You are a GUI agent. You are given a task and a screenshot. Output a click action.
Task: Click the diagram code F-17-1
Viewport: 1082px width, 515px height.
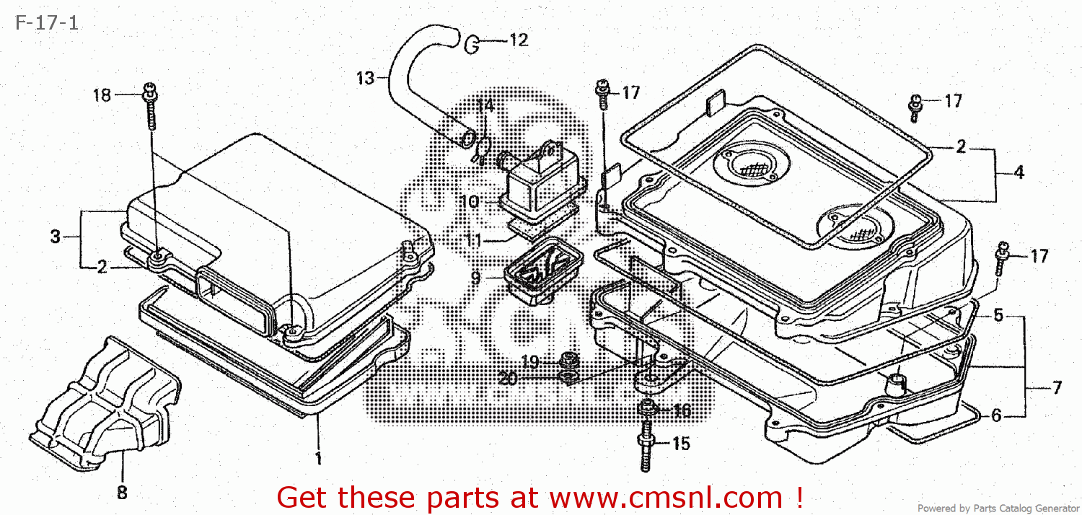point(45,23)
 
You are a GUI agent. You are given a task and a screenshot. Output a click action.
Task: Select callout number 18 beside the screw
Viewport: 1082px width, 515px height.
point(102,95)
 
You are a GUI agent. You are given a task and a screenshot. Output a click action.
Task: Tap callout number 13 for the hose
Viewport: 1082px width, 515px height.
point(366,78)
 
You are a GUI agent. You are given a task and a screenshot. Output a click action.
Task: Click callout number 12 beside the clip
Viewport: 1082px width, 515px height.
point(519,40)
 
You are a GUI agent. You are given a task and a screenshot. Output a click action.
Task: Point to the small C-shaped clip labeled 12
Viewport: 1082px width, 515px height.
point(472,45)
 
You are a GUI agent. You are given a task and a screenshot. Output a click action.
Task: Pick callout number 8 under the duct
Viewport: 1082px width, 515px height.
point(121,493)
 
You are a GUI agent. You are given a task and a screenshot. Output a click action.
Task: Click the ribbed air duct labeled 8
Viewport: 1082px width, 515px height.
point(108,401)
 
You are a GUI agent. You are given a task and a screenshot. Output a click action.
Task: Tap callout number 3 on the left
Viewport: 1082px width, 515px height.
point(56,237)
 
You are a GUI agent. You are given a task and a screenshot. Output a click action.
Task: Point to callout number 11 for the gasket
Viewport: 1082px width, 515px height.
point(473,240)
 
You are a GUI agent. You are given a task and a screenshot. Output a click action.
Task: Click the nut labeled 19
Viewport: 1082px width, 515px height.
point(568,358)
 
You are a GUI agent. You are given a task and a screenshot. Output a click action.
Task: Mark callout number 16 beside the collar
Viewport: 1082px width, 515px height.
point(681,411)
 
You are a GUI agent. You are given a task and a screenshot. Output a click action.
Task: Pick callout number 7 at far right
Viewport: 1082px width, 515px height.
point(1056,388)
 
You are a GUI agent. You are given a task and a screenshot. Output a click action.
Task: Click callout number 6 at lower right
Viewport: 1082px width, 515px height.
point(995,415)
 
